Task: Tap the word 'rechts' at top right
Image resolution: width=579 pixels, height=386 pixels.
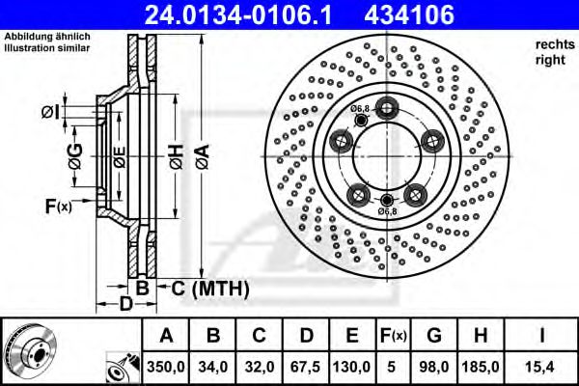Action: pos(552,45)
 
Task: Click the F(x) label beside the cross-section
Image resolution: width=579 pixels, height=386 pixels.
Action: pos(56,206)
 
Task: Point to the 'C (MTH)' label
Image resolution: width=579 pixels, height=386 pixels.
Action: pos(205,289)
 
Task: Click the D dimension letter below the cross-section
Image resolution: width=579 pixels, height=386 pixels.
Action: pos(125,306)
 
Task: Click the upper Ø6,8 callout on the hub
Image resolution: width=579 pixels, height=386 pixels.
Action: pos(361,108)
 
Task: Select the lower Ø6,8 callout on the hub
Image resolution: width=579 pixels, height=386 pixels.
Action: pos(387,210)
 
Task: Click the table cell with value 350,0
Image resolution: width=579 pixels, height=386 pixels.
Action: pos(165,366)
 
